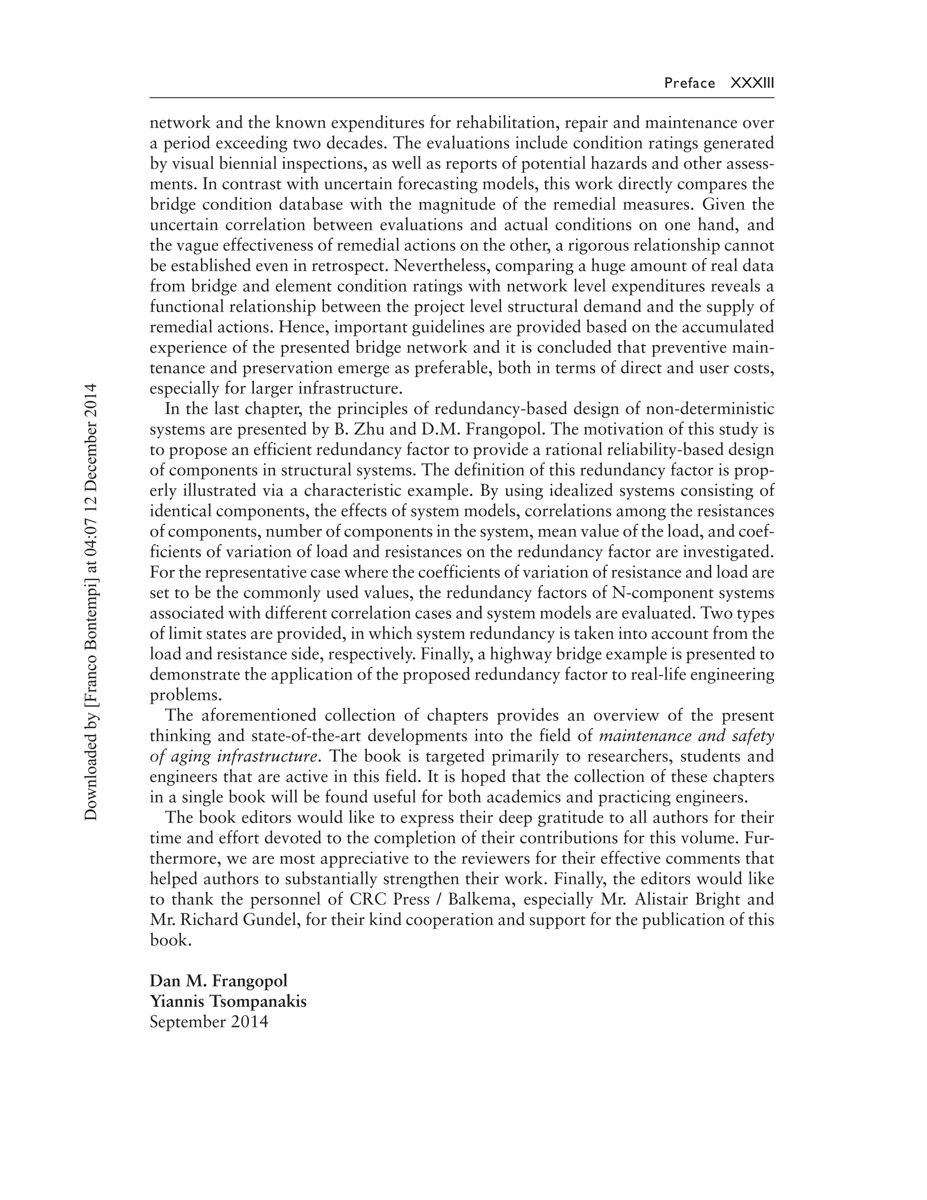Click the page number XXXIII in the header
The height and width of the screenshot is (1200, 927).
pos(752,83)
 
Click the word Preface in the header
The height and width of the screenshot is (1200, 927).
pos(689,83)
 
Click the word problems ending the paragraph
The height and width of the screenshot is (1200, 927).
pos(186,695)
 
